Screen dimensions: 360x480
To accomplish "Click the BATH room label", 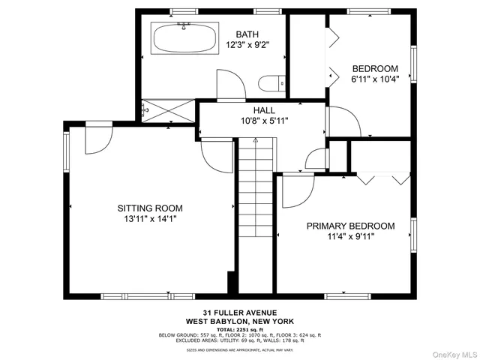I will (247, 34).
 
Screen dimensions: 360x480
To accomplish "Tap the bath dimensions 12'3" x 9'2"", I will (247, 45).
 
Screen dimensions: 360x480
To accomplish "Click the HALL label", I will (263, 109).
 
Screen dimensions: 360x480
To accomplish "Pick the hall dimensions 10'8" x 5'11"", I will (263, 120).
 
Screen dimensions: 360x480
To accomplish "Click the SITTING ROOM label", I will (149, 208).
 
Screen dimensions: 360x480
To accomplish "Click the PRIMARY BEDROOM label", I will (350, 225).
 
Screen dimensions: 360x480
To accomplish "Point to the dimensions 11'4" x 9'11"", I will (350, 236).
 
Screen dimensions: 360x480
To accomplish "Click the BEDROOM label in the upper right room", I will (375, 68).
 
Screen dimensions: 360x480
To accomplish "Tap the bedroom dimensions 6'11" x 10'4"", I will (375, 79).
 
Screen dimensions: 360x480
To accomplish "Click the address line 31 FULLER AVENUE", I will (239, 312).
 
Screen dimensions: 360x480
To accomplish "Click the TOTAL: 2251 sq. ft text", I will (239, 328).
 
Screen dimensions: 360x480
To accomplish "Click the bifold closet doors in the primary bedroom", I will (382, 178).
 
